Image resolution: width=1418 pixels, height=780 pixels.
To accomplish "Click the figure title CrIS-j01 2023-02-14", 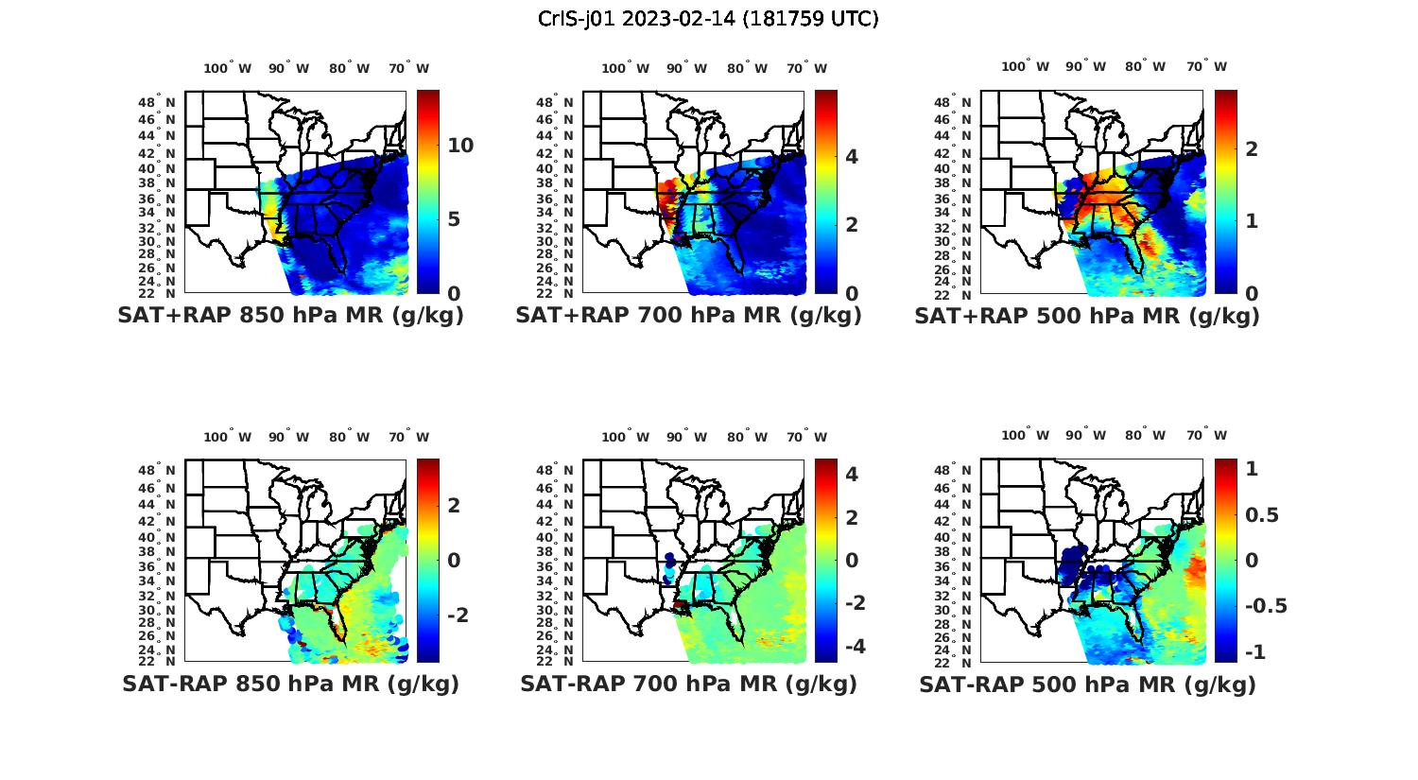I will click(708, 19).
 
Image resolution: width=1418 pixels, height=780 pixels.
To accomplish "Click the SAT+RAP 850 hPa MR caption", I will click(290, 316).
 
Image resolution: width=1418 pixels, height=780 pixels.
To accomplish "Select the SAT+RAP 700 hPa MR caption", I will click(688, 316).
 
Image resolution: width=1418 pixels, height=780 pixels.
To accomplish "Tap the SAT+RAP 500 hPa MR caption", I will click(1087, 316).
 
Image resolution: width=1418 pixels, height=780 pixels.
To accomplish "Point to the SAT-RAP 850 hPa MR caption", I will click(290, 684).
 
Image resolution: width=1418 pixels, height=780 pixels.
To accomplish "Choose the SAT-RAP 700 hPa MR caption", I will click(688, 684).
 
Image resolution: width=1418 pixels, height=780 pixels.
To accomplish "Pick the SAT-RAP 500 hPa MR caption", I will click(1087, 685).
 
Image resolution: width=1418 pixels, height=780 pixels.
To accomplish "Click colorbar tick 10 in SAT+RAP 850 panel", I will click(460, 146).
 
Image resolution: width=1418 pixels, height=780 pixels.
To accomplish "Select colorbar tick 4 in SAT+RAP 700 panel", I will click(851, 156).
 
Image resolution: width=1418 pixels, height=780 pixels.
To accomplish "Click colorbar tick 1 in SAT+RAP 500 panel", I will click(1251, 220).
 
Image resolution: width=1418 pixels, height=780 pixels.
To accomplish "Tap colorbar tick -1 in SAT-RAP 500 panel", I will click(1254, 652).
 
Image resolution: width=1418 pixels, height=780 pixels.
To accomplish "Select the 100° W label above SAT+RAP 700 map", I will click(625, 68).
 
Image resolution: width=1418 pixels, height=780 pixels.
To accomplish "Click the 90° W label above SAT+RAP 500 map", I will click(1086, 66).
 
